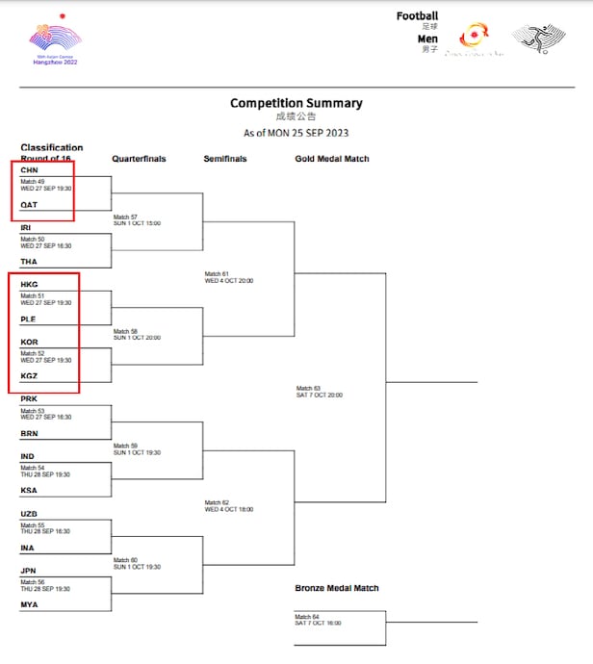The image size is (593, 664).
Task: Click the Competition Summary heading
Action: pyautogui.click(x=296, y=103)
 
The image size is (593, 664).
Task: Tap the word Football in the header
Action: pyautogui.click(x=417, y=15)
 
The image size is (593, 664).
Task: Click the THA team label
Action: pyautogui.click(x=28, y=262)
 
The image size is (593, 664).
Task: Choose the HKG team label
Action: pyautogui.click(x=29, y=285)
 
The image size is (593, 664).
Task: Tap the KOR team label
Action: pyautogui.click(x=29, y=342)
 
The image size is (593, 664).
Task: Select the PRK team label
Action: pyautogui.click(x=29, y=398)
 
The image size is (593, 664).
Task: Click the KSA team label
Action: pyautogui.click(x=29, y=490)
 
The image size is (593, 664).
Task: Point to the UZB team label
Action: pyautogui.click(x=29, y=514)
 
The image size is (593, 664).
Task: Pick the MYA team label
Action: pyautogui.click(x=29, y=604)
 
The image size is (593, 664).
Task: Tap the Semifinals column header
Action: pyautogui.click(x=225, y=159)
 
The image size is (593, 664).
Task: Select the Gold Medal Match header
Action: pyautogui.click(x=332, y=159)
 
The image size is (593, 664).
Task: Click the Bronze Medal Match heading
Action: pyautogui.click(x=336, y=588)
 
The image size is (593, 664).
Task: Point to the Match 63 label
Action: pyautogui.click(x=308, y=388)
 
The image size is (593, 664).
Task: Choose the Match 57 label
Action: pyautogui.click(x=125, y=217)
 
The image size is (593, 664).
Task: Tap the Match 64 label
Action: pyautogui.click(x=306, y=616)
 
